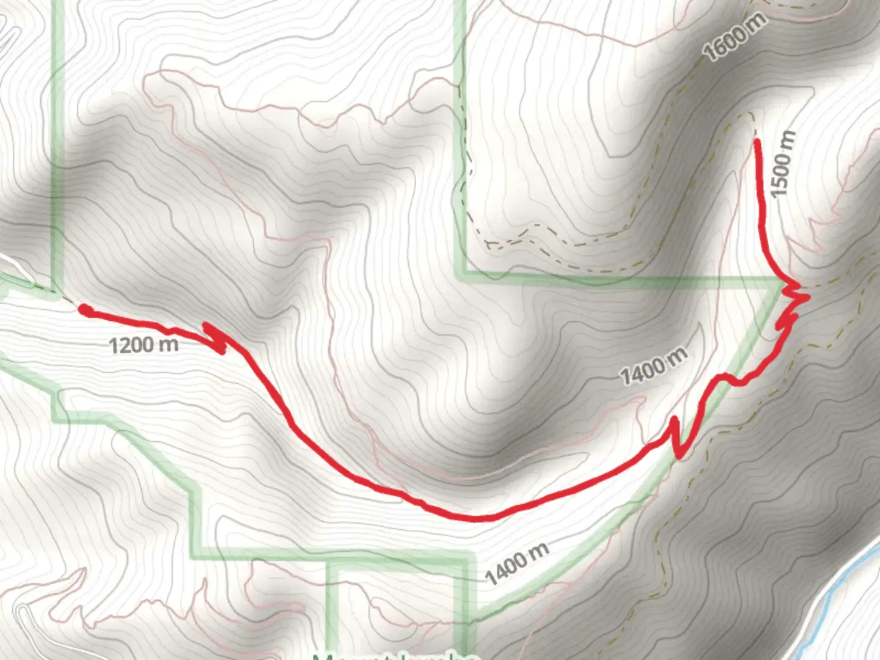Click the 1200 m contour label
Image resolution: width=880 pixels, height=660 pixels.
(144, 345)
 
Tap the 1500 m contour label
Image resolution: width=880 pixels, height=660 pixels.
(783, 164)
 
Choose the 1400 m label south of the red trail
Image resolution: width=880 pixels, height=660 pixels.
(517, 563)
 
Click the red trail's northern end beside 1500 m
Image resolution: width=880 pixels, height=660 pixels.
(758, 142)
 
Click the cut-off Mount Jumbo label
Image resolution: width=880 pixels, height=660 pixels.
(394, 656)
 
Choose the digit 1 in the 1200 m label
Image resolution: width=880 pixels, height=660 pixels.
(113, 346)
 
